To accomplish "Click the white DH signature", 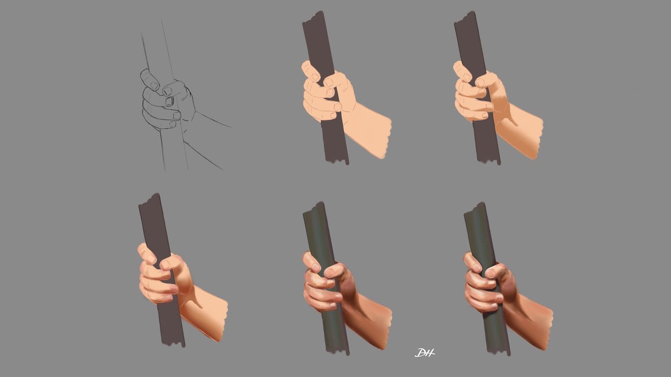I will [425, 353].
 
